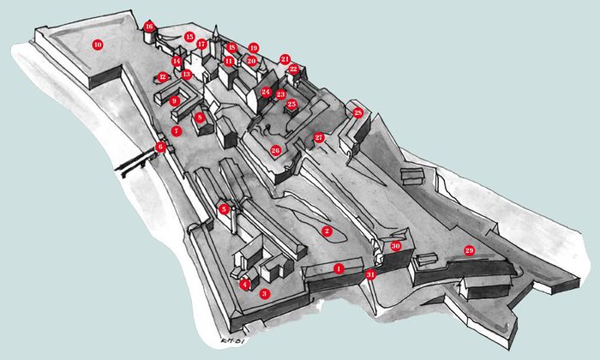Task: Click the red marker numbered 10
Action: tap(97, 44)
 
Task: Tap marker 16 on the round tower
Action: tap(149, 27)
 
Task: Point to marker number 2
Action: tap(326, 231)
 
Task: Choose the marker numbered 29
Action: tap(469, 250)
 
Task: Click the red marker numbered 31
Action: tap(370, 274)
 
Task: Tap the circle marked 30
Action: tap(395, 245)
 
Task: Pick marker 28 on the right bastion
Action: tap(358, 112)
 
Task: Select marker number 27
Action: tap(319, 137)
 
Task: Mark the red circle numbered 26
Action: tap(275, 150)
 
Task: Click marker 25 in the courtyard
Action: tap(291, 104)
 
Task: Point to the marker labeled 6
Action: tap(160, 147)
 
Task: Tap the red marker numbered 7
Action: tap(176, 131)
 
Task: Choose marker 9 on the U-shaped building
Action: tap(174, 101)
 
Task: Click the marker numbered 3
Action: tap(265, 293)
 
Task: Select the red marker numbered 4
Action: tap(244, 284)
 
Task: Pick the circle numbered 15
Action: tap(189, 37)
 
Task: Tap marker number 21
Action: tap(285, 59)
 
